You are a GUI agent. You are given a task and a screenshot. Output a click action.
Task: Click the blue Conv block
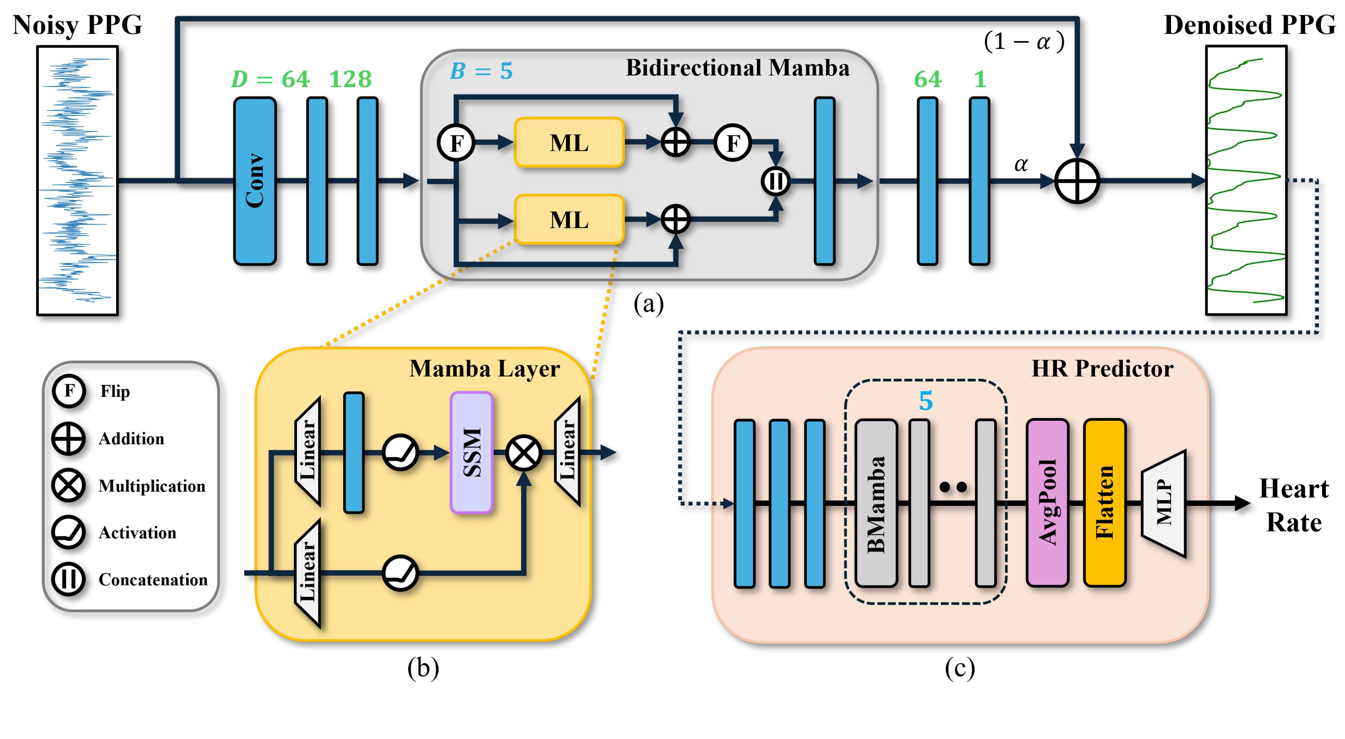(255, 181)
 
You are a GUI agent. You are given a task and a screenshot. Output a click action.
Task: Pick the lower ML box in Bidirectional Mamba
(569, 219)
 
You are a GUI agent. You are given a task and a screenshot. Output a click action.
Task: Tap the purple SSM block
(472, 452)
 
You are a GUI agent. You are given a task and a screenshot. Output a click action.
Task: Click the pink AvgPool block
(1047, 503)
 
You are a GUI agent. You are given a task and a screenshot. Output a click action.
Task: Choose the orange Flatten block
(1104, 503)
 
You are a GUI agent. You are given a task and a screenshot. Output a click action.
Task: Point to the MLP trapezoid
(1163, 503)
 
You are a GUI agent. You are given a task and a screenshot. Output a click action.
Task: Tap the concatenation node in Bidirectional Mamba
(776, 181)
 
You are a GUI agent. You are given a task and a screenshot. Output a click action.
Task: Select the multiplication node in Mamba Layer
(523, 453)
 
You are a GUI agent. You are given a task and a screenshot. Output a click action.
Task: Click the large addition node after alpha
(1077, 181)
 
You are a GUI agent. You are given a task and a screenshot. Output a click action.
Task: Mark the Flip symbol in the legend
(68, 391)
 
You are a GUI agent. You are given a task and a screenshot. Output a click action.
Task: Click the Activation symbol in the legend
(68, 532)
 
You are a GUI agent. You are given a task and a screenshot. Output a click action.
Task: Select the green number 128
(350, 79)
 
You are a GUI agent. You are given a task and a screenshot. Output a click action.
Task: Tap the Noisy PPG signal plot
(77, 181)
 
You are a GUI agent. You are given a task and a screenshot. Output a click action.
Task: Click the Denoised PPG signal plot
(1246, 181)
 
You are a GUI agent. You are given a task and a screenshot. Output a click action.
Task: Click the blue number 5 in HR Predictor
(925, 401)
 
